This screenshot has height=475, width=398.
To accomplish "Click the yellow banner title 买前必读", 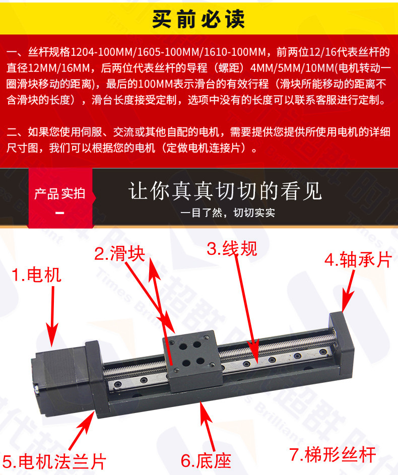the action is point(198,19).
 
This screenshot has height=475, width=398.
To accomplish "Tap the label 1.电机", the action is point(37,275).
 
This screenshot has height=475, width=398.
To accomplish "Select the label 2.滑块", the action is point(119,253).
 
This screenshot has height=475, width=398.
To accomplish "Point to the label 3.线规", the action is point(232,248).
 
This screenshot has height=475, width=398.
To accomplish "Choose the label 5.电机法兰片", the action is point(54,462).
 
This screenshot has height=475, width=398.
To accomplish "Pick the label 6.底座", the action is point(206,460).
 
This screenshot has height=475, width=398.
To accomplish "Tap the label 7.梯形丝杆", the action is point(333,454).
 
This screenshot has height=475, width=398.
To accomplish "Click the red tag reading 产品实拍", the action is point(59,193).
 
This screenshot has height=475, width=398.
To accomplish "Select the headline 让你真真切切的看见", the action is point(225,191).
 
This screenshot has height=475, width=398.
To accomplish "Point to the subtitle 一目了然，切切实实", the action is point(228,213).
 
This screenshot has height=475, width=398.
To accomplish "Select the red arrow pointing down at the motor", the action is point(53,316).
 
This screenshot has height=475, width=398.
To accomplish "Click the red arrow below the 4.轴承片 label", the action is point(348,291).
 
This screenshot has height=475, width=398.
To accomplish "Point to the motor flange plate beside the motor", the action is point(97,379).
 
